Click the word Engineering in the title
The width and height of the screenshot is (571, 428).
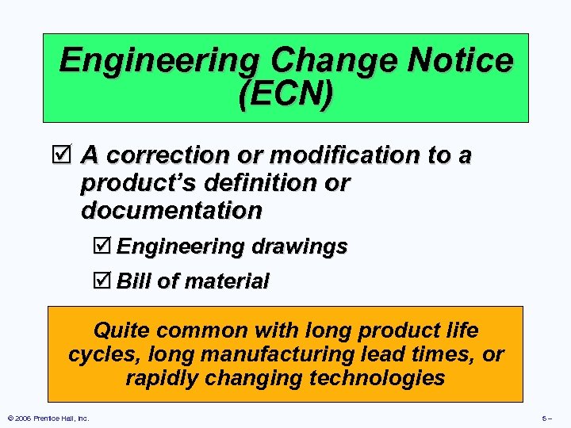pyautogui.click(x=159, y=60)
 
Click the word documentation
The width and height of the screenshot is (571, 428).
pyautogui.click(x=171, y=211)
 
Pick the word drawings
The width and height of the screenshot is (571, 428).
pyautogui.click(x=299, y=247)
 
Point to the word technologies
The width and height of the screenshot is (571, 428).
pyautogui.click(x=377, y=378)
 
